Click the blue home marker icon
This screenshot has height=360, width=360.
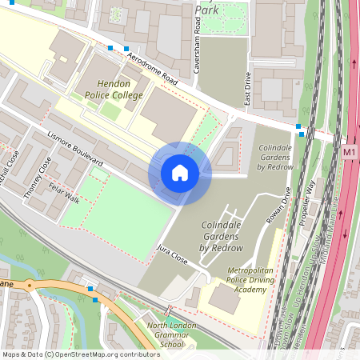(180, 173)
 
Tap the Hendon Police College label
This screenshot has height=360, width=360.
(114, 90)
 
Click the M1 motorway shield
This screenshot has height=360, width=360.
(349, 151)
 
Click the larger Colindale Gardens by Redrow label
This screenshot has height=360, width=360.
(210, 237)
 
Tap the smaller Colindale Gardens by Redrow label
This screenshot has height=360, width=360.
(276, 158)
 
